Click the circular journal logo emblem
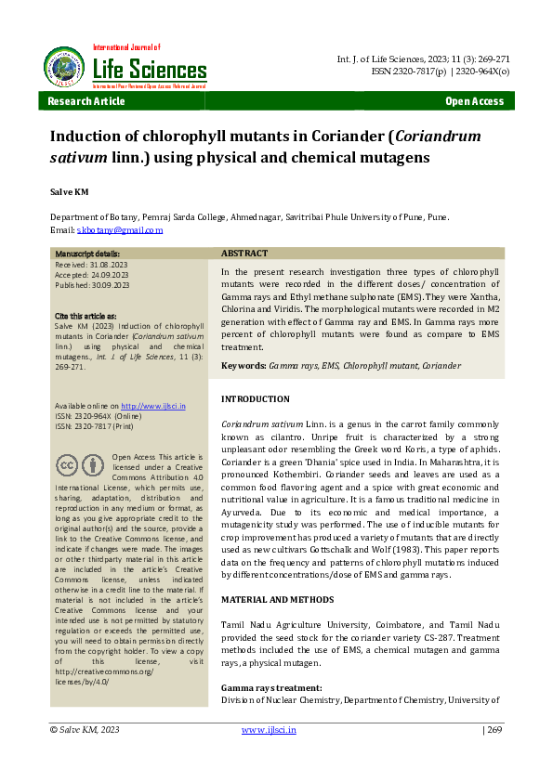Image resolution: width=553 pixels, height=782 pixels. pyautogui.click(x=63, y=65)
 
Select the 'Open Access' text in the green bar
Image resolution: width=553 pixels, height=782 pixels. pyautogui.click(x=475, y=102)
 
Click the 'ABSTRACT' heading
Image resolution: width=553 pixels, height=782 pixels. pyautogui.click(x=244, y=254)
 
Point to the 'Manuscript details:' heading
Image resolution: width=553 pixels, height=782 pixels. pyautogui.click(x=86, y=254)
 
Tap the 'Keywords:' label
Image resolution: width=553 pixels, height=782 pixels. pyautogui.click(x=243, y=366)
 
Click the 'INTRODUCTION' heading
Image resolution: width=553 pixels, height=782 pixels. pyautogui.click(x=256, y=399)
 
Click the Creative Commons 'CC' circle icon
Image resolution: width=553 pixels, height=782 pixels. pyautogui.click(x=67, y=465)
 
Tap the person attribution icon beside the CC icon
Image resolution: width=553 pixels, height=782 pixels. pyautogui.click(x=93, y=465)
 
